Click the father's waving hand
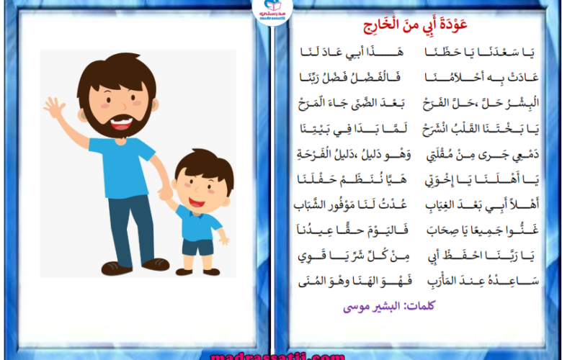tap(55, 107)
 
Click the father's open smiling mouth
tap(122, 123)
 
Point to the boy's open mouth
tap(197, 202)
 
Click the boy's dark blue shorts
tap(197, 247)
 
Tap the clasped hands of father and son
tap(165, 194)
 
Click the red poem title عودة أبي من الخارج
tap(415, 25)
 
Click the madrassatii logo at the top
tap(272, 11)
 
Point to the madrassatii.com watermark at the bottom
tap(278, 356)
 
